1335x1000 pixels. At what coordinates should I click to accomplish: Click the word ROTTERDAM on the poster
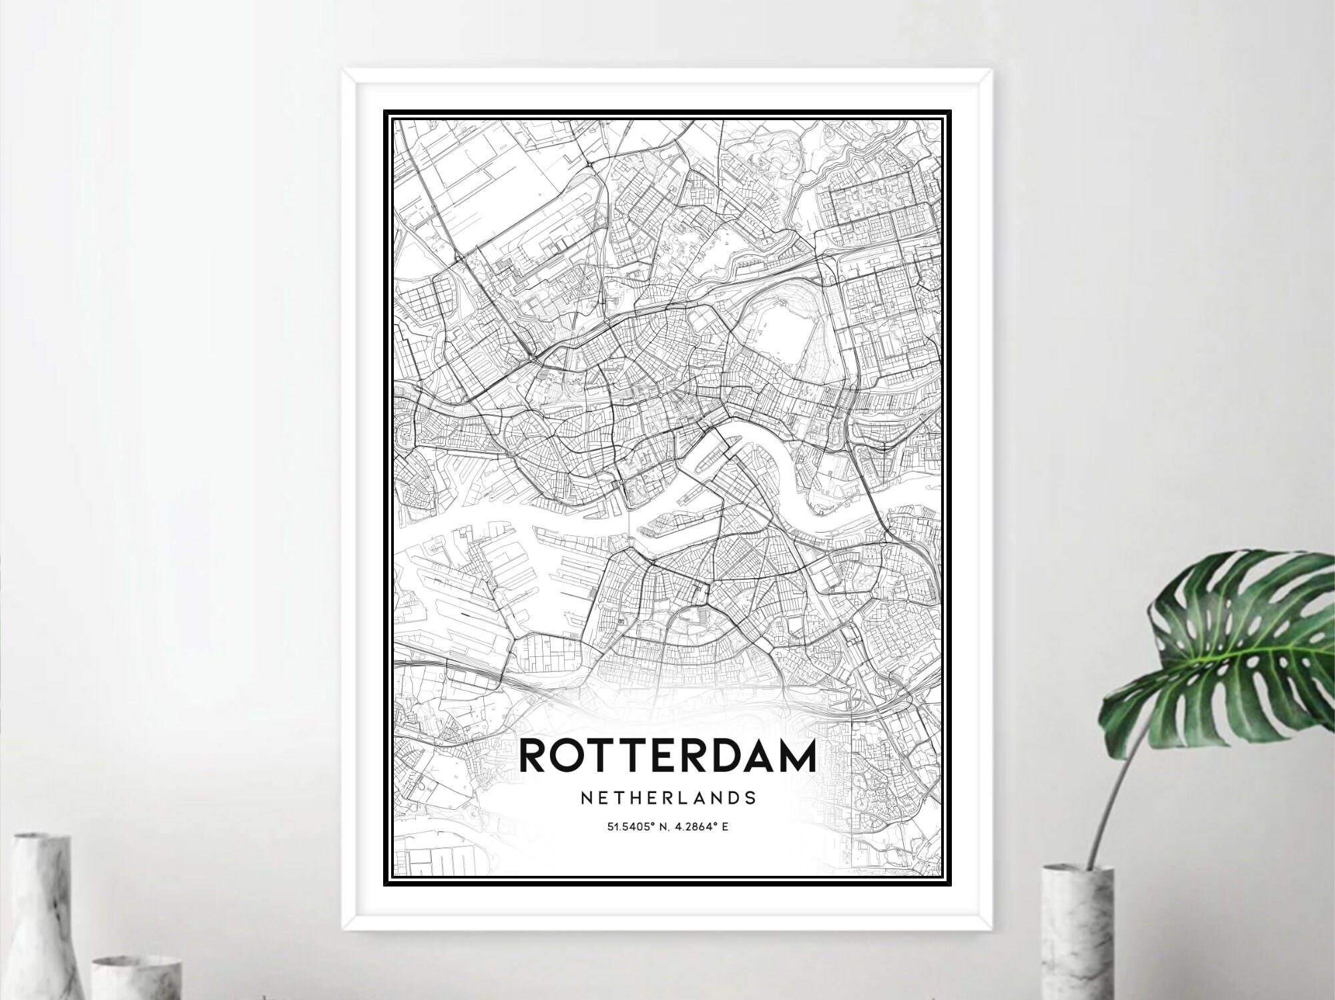click(x=667, y=756)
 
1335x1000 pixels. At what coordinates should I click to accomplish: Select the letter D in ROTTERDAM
click(x=716, y=756)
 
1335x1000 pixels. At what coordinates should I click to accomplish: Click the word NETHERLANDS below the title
click(x=667, y=798)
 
